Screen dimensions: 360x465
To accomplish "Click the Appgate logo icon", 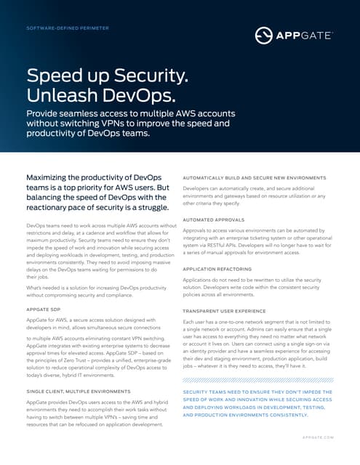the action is [264, 34].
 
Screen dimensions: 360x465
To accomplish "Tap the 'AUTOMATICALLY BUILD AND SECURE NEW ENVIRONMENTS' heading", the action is [255, 178].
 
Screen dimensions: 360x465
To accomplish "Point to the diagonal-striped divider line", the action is [257, 379].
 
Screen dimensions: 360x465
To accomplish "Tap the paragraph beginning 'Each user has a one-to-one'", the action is [257, 346].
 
